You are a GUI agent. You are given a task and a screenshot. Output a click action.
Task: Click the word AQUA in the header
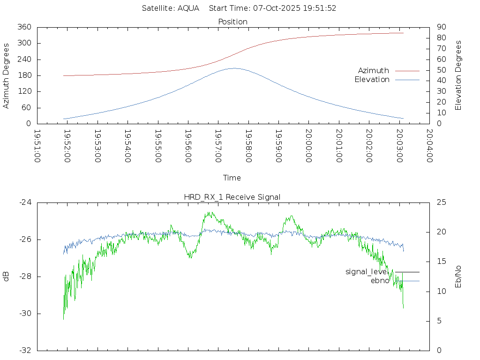[x=188, y=8]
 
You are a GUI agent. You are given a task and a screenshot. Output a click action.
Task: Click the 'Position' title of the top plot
[x=233, y=22]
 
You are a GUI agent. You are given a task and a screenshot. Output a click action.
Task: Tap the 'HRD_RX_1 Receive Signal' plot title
[x=232, y=197]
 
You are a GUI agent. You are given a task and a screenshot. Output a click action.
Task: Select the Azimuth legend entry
[x=374, y=71]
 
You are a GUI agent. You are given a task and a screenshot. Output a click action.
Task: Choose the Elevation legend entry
[x=372, y=80]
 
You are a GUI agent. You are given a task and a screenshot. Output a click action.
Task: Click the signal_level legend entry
[x=366, y=272]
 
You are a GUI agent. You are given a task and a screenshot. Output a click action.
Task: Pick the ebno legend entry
[x=380, y=281]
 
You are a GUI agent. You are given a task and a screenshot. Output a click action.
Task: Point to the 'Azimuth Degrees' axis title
[x=6, y=75]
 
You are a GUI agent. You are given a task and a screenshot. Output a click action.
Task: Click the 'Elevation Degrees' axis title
[x=458, y=75]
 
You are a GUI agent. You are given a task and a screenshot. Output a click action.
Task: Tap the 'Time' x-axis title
[x=232, y=178]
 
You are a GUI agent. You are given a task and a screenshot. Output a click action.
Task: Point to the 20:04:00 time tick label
[x=429, y=146]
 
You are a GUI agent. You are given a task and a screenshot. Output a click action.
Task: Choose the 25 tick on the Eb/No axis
[x=441, y=202]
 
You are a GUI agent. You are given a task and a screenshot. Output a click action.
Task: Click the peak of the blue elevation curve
[x=233, y=68]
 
